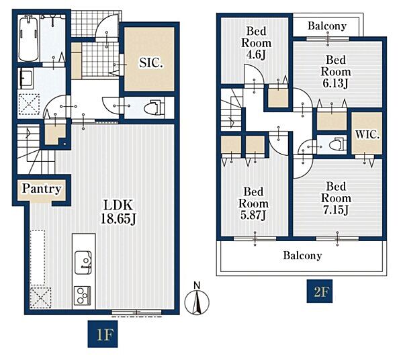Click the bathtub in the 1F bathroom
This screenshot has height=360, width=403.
pyautogui.click(x=29, y=38)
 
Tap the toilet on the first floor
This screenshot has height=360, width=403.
pyautogui.click(x=154, y=107)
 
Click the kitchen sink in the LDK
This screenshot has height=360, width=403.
pyautogui.click(x=83, y=263)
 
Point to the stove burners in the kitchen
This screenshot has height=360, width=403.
pyautogui.click(x=82, y=296)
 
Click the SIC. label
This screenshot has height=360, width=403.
pyautogui.click(x=151, y=62)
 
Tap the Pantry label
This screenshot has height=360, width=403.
pyautogui.click(x=42, y=189)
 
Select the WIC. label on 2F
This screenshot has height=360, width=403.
pyautogui.click(x=367, y=134)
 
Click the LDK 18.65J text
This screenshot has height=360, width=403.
pyautogui.click(x=118, y=212)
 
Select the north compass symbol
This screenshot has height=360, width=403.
pyautogui.click(x=197, y=300)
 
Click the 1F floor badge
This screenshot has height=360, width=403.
pyautogui.click(x=103, y=334)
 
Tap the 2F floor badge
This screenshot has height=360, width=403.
pyautogui.click(x=320, y=291)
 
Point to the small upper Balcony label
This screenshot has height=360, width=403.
pyautogui.click(x=327, y=26)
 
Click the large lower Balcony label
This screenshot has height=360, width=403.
pyautogui.click(x=302, y=256)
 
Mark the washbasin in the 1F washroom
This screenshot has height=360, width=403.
pyautogui.click(x=26, y=79)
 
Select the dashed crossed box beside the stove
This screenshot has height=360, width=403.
pyautogui.click(x=41, y=298)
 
